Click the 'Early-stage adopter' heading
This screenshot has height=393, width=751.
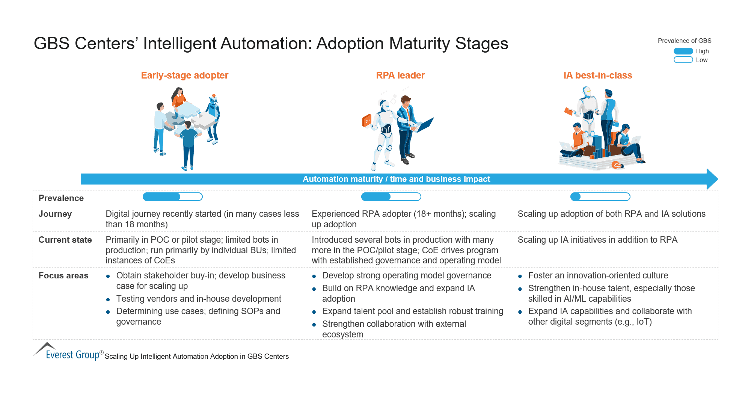(x=184, y=76)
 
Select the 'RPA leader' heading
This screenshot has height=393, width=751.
(x=400, y=76)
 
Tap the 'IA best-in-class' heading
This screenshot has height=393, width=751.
(x=598, y=76)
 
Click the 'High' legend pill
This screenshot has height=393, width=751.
(x=683, y=51)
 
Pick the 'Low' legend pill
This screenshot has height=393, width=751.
(x=683, y=60)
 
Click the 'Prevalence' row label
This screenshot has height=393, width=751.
(x=61, y=198)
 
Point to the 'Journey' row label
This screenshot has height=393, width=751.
(x=55, y=214)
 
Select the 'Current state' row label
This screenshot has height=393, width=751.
(x=65, y=240)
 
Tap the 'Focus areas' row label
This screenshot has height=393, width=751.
(x=63, y=275)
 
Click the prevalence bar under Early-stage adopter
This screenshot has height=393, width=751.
(x=173, y=197)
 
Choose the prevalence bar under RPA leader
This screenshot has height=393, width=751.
(x=391, y=197)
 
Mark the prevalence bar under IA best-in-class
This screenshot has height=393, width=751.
(x=600, y=197)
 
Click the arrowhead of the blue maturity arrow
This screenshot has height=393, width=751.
(x=712, y=179)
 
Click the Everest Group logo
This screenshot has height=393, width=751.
(x=68, y=352)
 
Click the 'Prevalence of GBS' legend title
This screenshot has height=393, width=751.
(x=684, y=41)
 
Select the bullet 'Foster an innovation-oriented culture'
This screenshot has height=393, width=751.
(x=598, y=275)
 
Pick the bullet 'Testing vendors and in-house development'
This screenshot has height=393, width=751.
(x=199, y=299)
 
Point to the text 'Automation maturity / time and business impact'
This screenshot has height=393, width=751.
(x=396, y=179)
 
